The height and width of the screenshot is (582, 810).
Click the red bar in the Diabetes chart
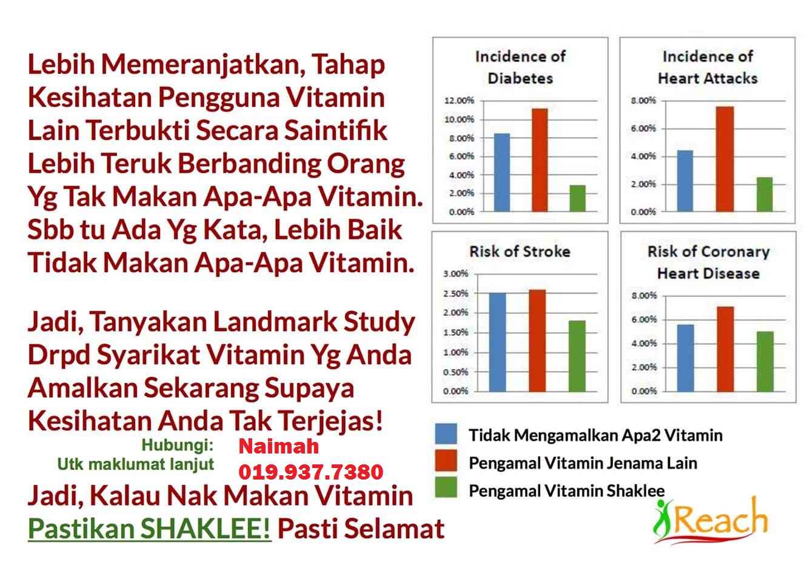point(540,160)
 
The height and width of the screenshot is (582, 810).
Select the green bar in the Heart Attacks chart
point(765,194)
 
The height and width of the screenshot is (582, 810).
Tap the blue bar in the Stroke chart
point(498,343)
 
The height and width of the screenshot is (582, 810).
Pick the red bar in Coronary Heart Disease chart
point(725,349)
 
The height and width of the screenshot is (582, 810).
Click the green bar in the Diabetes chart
point(577,198)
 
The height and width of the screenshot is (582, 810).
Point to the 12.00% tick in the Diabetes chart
point(459,101)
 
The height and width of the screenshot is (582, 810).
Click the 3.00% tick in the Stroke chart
point(456,273)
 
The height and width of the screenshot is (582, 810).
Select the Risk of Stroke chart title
point(520,251)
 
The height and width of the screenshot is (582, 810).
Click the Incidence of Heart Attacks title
point(708,67)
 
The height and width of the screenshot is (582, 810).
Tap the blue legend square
point(446,433)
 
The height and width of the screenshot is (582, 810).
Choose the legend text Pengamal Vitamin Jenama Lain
point(583,463)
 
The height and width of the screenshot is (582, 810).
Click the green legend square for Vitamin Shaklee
point(446,487)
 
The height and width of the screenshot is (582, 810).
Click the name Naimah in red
point(278,446)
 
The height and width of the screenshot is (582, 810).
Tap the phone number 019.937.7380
point(310,472)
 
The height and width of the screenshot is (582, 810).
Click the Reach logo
point(710,521)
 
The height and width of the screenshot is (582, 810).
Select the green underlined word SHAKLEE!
point(205,529)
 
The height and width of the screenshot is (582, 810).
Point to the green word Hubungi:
point(177,445)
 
